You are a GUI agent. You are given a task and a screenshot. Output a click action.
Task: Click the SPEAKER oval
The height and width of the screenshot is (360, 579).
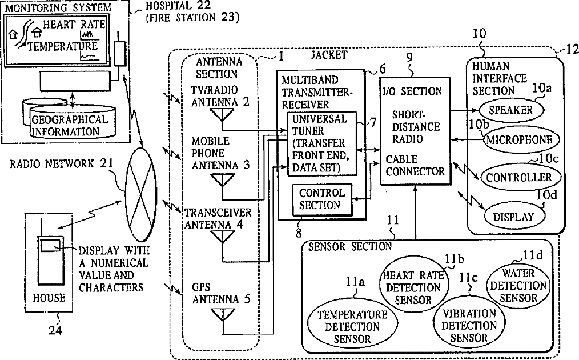pyautogui.click(x=510, y=110)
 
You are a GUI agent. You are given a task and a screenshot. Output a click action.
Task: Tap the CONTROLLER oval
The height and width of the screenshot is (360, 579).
pyautogui.click(x=519, y=177)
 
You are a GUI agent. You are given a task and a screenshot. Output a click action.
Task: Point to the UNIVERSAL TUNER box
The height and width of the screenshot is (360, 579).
pyautogui.click(x=320, y=143)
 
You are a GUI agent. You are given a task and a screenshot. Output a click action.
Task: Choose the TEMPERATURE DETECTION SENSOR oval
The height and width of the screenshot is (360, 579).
pyautogui.click(x=348, y=326)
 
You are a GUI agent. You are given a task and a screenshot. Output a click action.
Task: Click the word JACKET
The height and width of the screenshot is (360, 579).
pyautogui.click(x=328, y=55)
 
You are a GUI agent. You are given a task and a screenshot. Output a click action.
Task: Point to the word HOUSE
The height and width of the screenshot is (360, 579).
pyautogui.click(x=49, y=298)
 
